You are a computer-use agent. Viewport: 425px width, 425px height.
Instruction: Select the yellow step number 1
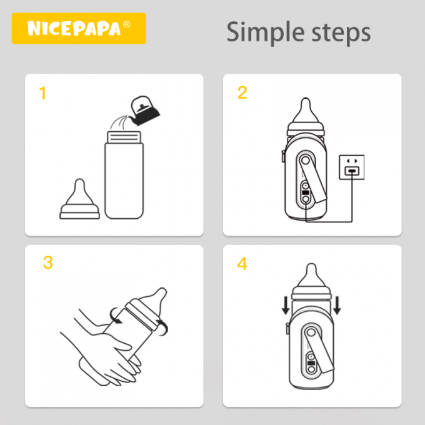coord(42,94)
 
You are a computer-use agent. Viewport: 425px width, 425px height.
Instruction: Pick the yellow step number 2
coord(242,93)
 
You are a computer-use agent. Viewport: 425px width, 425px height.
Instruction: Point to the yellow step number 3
coord(48,262)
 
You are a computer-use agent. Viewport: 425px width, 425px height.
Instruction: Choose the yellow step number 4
coord(242,264)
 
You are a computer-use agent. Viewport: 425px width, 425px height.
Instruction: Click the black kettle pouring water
coord(145,109)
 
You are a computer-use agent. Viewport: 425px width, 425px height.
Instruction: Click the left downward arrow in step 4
coord(286,306)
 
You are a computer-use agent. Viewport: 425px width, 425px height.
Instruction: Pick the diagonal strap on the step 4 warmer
coord(319,351)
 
